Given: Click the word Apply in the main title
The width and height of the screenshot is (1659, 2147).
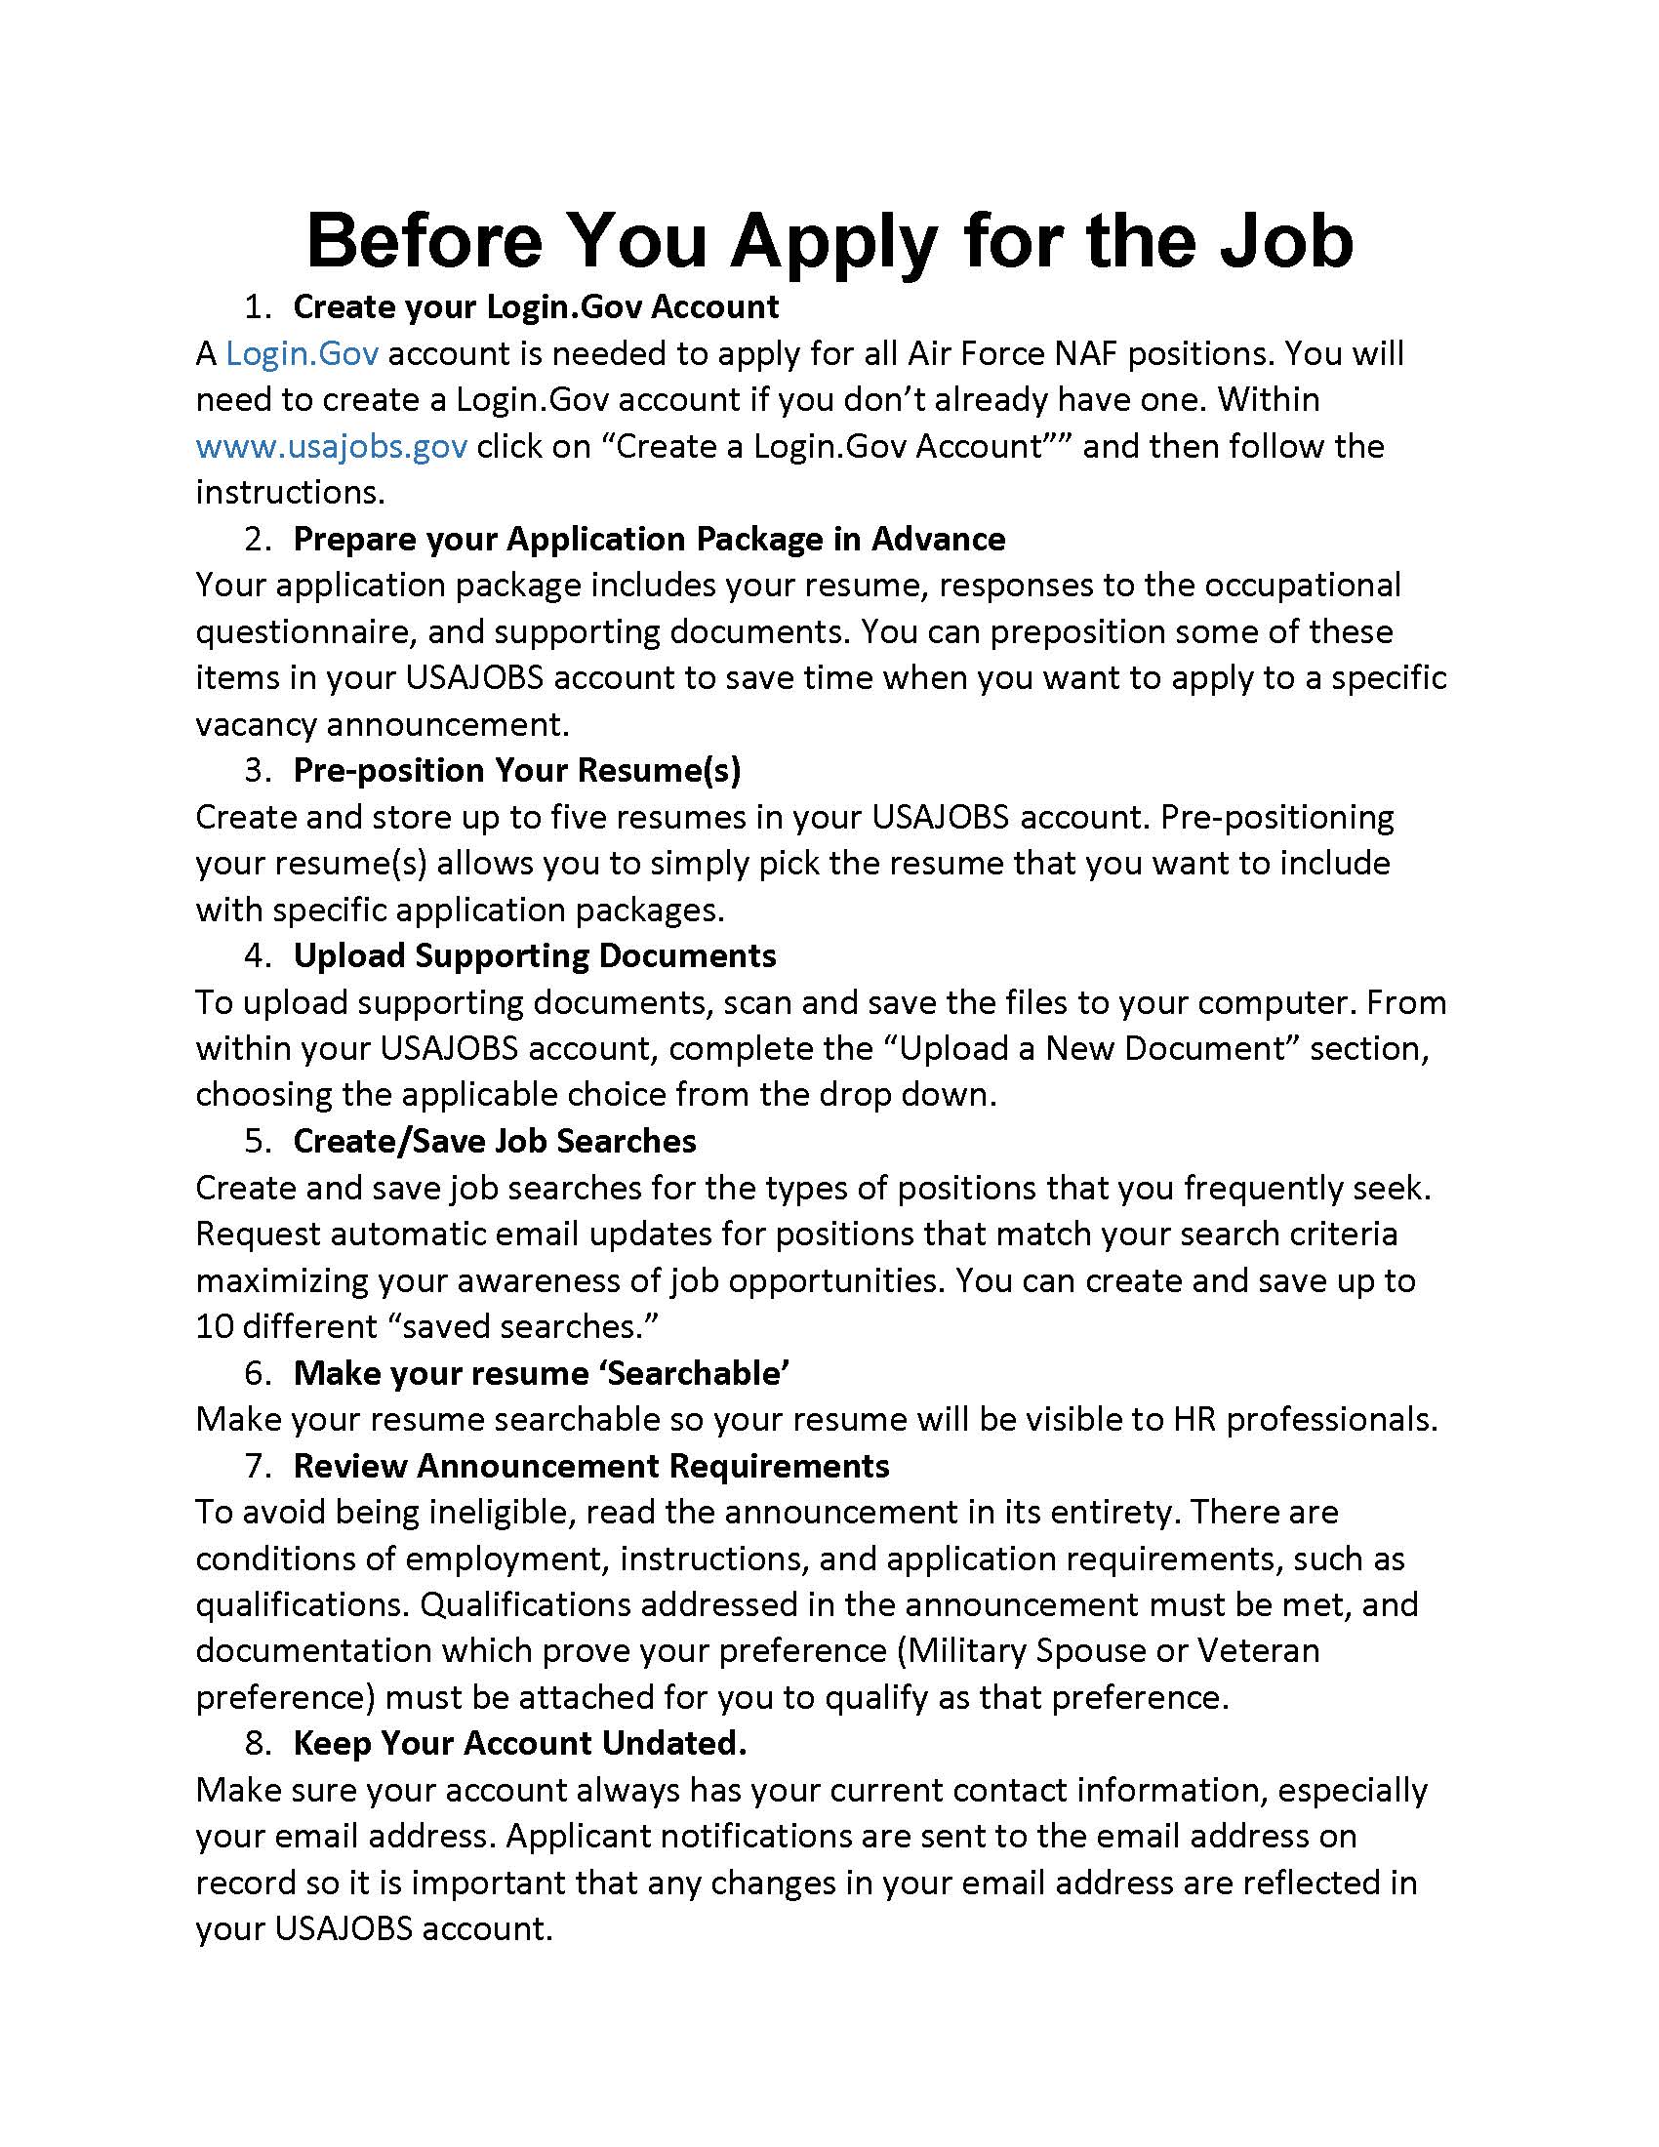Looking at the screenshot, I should coord(832,242).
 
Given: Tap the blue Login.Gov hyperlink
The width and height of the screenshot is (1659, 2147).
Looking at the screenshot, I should coord(302,353).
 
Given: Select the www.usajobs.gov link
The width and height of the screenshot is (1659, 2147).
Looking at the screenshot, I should coord(331,446).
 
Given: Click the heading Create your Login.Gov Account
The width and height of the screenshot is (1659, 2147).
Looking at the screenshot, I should coord(536,306).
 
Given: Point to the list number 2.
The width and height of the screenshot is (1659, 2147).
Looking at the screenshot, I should coord(257,539).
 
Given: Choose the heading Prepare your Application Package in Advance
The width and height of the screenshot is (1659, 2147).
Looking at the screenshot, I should coord(649,539).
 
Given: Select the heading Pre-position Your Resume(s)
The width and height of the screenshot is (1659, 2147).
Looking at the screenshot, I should coord(517,770).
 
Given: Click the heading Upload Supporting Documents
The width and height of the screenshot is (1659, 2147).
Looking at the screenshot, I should coord(535,955).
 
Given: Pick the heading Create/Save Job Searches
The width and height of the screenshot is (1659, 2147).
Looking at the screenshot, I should coord(495,1140).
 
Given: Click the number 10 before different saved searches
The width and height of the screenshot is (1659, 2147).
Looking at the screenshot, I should coord(214,1326).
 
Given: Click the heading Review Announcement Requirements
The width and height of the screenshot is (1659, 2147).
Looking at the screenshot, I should coord(590,1466).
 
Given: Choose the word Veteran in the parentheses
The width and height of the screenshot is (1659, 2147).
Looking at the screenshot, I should coord(1257,1650).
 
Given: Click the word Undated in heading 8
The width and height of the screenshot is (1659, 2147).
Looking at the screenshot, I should coord(673,1743).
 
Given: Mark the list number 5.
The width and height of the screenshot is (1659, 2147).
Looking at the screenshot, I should coord(257,1140).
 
